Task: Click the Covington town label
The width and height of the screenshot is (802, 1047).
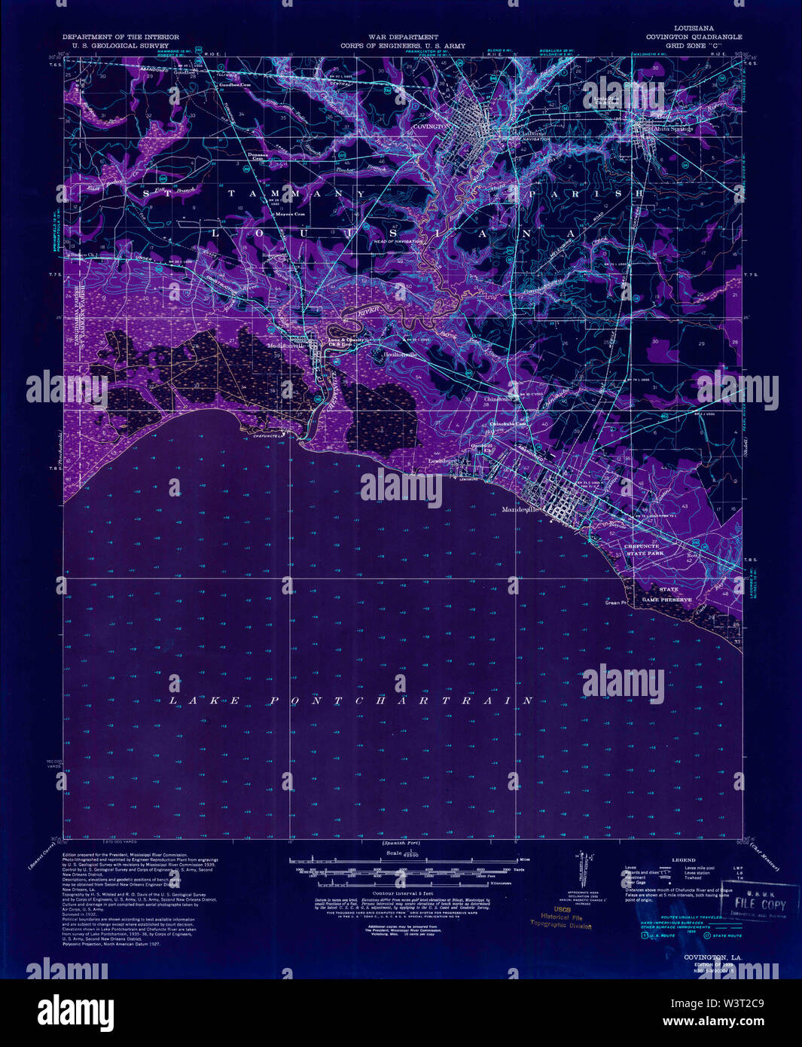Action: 430,127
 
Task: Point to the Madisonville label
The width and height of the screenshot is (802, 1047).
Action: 285,346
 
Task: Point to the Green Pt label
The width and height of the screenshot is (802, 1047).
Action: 615,603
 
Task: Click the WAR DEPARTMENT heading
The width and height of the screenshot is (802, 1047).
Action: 403,37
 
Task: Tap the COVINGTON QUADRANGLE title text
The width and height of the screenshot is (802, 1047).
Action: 693,37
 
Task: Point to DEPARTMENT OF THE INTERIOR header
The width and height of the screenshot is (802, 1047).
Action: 120,37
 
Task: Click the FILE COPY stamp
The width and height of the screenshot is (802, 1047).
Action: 760,904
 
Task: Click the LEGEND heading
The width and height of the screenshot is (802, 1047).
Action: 684,859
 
